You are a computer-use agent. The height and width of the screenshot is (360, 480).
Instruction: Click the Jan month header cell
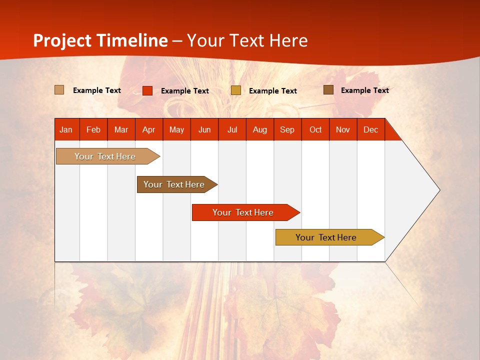(66, 129)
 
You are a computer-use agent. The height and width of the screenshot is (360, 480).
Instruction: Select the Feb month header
(93, 129)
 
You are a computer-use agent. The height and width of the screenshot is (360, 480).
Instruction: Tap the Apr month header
(149, 129)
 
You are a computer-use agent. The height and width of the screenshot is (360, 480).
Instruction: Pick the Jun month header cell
(204, 129)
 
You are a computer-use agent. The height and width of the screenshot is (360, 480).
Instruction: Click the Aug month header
(260, 129)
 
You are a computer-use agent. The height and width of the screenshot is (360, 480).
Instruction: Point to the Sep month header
(287, 129)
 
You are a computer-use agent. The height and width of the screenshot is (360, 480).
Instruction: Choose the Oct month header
(315, 129)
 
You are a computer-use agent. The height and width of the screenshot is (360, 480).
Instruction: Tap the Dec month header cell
(371, 129)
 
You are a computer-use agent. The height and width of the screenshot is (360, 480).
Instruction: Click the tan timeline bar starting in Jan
(105, 156)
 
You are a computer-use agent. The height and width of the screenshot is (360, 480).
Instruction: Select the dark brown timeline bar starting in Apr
(174, 184)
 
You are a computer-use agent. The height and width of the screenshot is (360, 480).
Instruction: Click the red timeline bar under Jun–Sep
(243, 212)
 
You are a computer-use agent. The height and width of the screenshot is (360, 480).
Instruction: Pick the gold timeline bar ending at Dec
(326, 237)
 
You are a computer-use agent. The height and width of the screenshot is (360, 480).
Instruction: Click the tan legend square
(59, 90)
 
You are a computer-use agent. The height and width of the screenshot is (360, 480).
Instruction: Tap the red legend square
(147, 90)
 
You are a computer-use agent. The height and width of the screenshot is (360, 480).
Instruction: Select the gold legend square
(236, 90)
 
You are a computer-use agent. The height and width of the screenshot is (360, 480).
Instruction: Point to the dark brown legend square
(328, 90)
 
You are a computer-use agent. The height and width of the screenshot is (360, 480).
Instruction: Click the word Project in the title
(62, 40)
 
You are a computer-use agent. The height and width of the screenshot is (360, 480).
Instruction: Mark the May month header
(176, 129)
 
